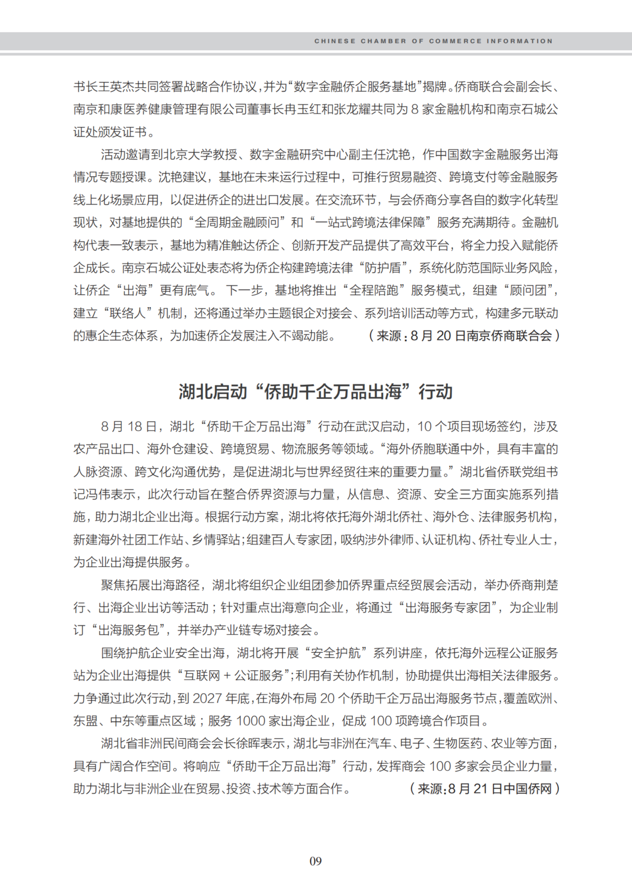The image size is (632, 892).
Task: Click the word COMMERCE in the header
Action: tap(455, 41)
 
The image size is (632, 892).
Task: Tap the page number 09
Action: tap(315, 861)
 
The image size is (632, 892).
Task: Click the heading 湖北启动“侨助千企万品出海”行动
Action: tap(315, 391)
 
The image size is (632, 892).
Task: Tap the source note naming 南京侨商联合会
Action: tap(464, 336)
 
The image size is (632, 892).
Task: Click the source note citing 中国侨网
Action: tap(485, 788)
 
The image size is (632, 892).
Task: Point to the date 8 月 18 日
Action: tap(129, 426)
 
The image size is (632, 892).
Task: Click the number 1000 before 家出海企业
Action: tap(251, 721)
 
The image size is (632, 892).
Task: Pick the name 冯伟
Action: tap(98, 495)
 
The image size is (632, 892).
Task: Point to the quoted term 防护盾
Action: tap(383, 268)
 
